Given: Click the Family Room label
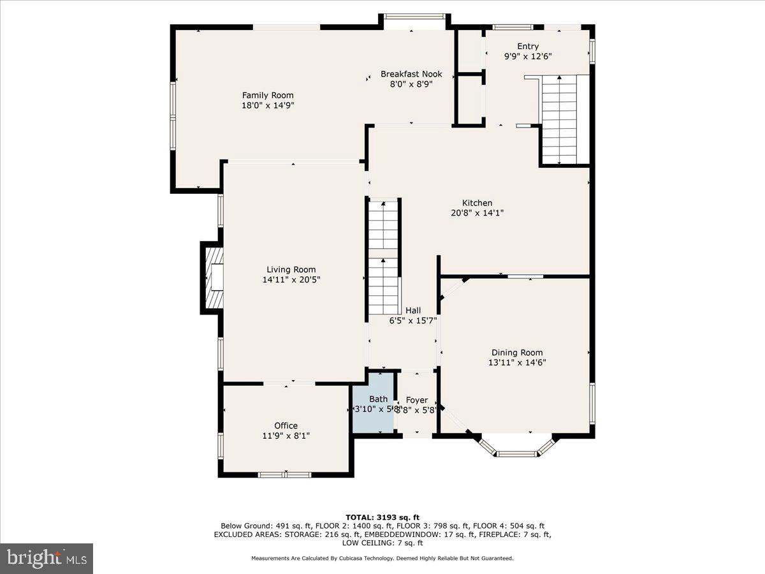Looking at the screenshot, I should pyautogui.click(x=268, y=95).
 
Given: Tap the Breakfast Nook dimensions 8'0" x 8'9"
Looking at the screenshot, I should pyautogui.click(x=411, y=84).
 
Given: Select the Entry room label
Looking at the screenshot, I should pyautogui.click(x=528, y=46).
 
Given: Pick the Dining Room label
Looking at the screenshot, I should pyautogui.click(x=517, y=352).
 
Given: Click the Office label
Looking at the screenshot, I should pyautogui.click(x=286, y=425).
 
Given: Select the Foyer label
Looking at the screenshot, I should pyautogui.click(x=417, y=400).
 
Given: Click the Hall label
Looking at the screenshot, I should pyautogui.click(x=413, y=311).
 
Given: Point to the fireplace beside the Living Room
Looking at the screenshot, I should pyautogui.click(x=213, y=278).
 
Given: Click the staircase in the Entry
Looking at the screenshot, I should pyautogui.click(x=559, y=119).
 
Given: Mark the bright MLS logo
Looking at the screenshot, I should pyautogui.click(x=47, y=559).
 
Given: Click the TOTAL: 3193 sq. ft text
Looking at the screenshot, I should pyautogui.click(x=382, y=517).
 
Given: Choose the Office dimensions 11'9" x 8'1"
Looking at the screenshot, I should pyautogui.click(x=286, y=436).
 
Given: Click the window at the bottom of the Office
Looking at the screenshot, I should pyautogui.click(x=285, y=474).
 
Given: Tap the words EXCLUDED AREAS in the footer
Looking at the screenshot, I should pyautogui.click(x=243, y=534).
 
